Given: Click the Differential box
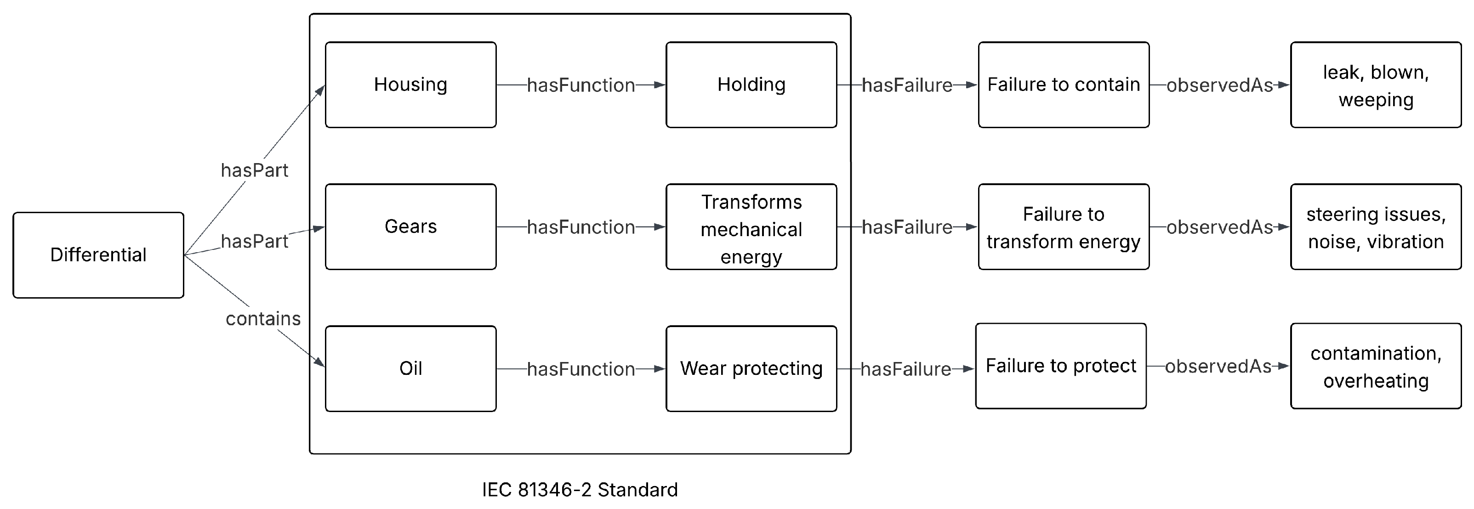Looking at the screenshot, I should (98, 255).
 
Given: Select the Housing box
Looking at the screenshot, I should (410, 85).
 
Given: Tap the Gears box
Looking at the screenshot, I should (410, 226).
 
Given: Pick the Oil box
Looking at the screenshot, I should (410, 368).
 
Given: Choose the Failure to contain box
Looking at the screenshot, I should (1063, 85).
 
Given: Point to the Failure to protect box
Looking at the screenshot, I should (1060, 366).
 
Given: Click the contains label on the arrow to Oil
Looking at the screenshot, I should (263, 318).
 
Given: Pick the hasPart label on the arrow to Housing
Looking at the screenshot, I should (255, 170).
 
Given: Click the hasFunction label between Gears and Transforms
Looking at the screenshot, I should (581, 227).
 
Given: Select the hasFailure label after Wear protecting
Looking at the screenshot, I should (905, 369).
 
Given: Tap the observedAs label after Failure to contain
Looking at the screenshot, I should (1219, 85).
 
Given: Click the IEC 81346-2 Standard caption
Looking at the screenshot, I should (580, 490).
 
